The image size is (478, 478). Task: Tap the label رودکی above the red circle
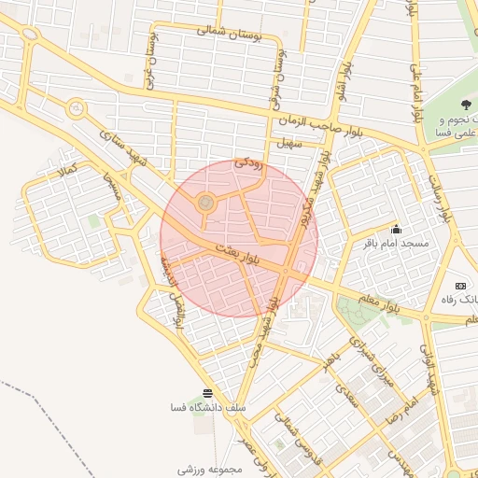[x=249, y=162]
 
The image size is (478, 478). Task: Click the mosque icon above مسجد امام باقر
[x=396, y=229]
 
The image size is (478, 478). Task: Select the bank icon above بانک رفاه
[x=459, y=286]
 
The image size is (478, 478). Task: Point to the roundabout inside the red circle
[x=205, y=202]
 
